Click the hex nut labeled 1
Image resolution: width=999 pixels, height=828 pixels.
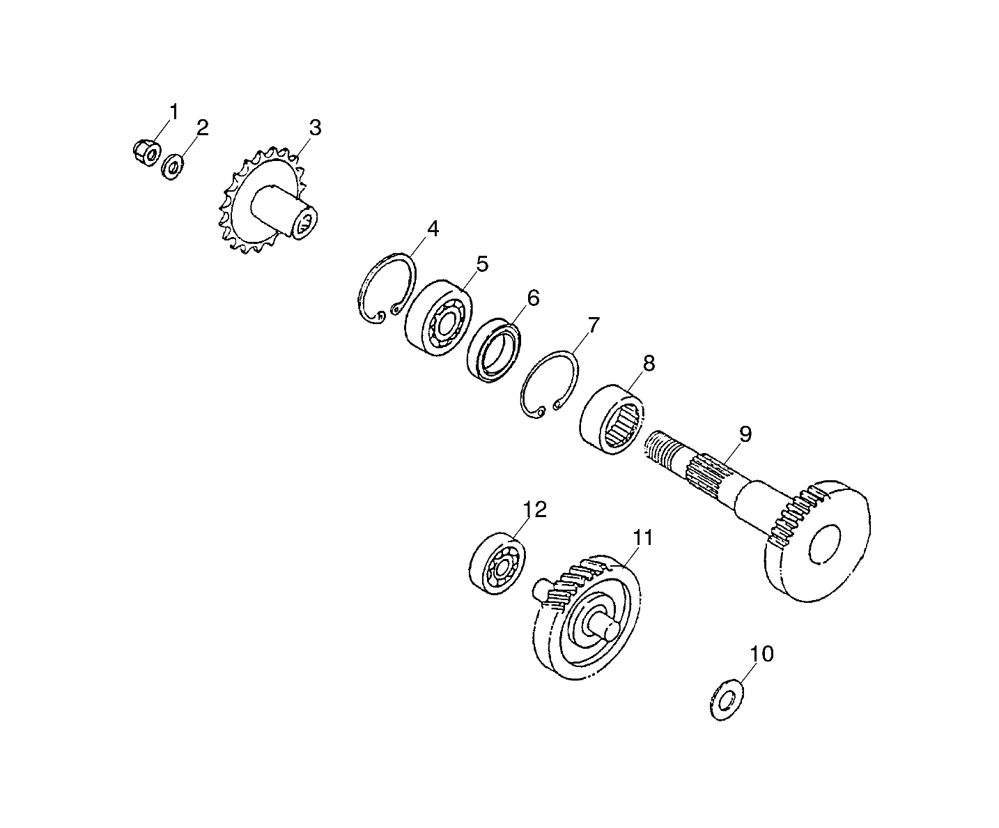click(x=146, y=151)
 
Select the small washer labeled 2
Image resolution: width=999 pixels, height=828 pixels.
click(x=171, y=168)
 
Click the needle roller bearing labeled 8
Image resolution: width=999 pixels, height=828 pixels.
click(x=613, y=420)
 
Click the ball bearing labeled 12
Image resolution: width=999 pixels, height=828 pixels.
click(x=497, y=565)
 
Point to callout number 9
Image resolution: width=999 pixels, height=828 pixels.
click(x=745, y=435)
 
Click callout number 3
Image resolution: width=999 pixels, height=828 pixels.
click(x=315, y=128)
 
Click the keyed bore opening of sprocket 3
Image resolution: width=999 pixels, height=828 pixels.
click(x=305, y=225)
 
